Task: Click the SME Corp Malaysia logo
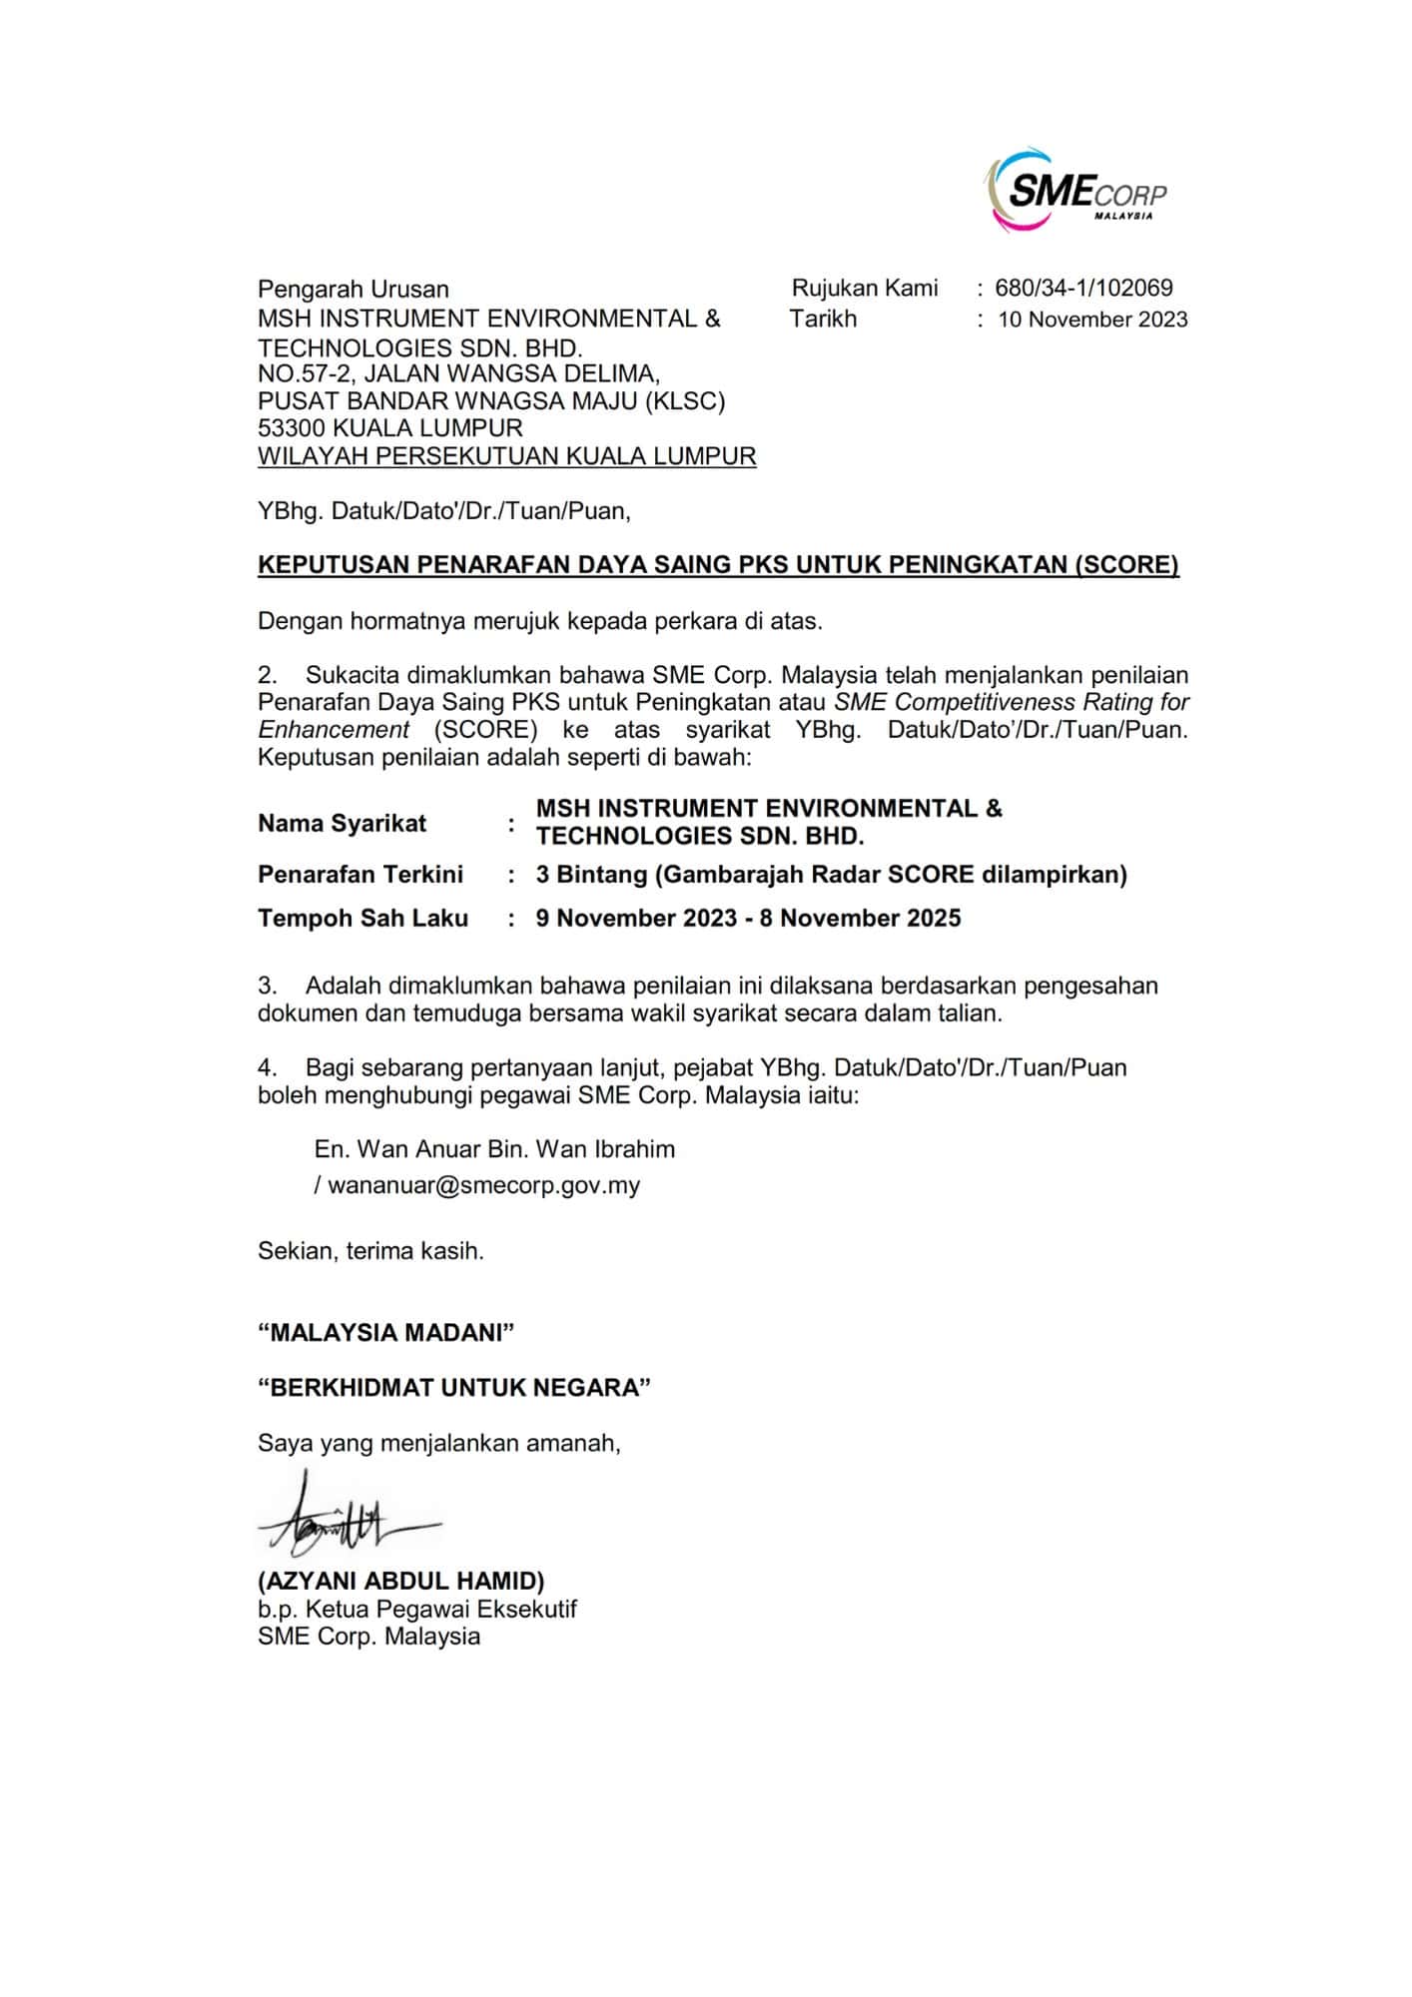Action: [x=1075, y=190]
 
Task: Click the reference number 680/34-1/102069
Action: [x=1083, y=289]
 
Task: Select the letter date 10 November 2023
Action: [x=1092, y=320]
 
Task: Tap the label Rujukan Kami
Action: [x=865, y=289]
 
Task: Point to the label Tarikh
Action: [x=823, y=320]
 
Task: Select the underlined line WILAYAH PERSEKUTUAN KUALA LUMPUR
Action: [x=506, y=456]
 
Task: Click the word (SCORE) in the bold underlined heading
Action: [x=1125, y=565]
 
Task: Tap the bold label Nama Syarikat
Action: [x=342, y=824]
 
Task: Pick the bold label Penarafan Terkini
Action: [x=360, y=875]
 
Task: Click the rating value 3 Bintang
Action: [x=591, y=875]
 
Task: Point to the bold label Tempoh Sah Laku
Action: [x=362, y=919]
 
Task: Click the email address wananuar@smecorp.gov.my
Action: [x=483, y=1185]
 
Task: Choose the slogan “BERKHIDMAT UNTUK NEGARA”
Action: [x=453, y=1388]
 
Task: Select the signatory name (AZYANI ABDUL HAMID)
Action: [x=400, y=1582]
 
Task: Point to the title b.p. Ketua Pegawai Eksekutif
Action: [x=416, y=1610]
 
